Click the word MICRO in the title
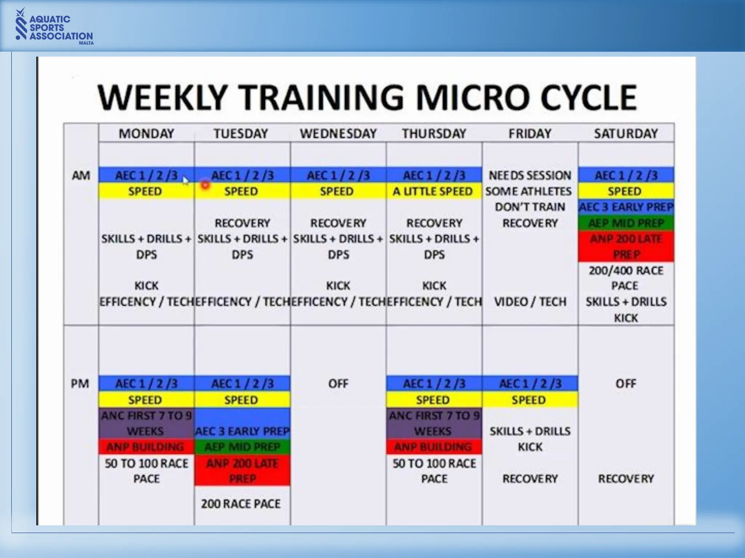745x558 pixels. coord(472,97)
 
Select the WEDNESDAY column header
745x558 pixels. coord(338,134)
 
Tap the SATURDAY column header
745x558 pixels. coord(626,134)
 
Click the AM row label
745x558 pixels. coord(81,175)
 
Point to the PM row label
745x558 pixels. coord(80,384)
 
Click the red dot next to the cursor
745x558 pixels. coord(206,185)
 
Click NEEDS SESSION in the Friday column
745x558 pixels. coord(530,175)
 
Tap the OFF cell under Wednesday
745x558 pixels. coord(338,384)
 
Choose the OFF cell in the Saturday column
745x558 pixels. coord(626,384)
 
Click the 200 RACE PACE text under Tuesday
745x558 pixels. coord(241,504)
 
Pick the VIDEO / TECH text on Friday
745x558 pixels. coord(530,302)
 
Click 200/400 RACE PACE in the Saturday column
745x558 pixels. coord(626,278)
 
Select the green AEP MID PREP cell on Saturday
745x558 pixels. coord(626,223)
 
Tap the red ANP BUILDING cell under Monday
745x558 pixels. coord(146,447)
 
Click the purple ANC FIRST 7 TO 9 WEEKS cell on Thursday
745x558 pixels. coord(434,423)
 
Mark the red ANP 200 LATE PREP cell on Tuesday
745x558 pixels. coord(242,471)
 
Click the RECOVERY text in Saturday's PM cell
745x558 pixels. coord(626,479)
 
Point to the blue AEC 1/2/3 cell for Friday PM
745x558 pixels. coord(530,384)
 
